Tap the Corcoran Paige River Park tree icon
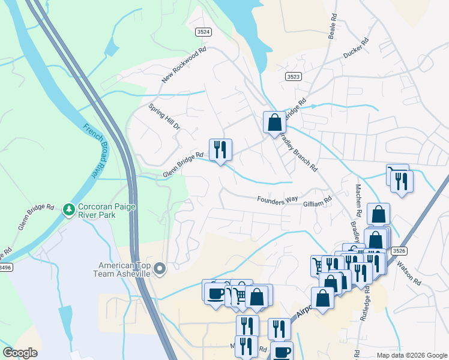tap(69, 209)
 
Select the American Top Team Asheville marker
tap(160, 269)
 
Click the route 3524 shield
tap(203, 31)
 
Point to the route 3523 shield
tap(294, 76)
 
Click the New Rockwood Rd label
tap(184, 66)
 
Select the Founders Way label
tap(278, 200)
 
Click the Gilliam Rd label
tap(317, 205)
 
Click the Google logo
tap(20, 353)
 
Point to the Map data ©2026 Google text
tap(411, 355)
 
